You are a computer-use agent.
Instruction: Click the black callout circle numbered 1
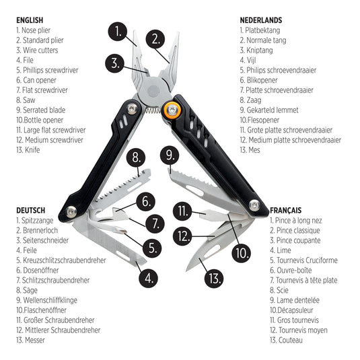(x=118, y=30)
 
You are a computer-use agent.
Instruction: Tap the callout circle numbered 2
(x=155, y=38)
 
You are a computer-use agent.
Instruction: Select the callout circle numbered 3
(x=116, y=64)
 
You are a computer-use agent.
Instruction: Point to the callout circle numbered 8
(x=137, y=158)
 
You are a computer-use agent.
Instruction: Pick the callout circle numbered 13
(x=214, y=277)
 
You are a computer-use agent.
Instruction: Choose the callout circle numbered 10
(x=241, y=253)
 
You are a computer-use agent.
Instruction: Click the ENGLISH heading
(x=30, y=20)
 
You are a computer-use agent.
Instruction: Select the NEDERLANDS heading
(x=260, y=20)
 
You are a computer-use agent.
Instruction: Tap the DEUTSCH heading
(x=31, y=210)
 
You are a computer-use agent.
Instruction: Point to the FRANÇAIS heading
(x=285, y=210)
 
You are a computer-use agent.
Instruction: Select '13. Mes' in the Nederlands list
(x=252, y=150)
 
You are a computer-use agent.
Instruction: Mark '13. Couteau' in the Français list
(x=290, y=340)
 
